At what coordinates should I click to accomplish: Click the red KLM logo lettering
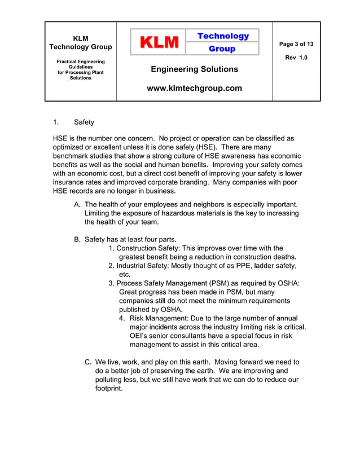(159, 42)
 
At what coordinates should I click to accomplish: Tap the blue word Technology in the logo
(223, 36)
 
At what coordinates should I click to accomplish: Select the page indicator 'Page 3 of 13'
(296, 44)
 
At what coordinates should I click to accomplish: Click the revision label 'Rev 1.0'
(296, 58)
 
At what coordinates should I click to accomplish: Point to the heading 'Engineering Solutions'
(194, 69)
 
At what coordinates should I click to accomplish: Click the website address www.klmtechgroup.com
(194, 88)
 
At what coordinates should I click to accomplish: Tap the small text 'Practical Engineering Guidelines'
(81, 64)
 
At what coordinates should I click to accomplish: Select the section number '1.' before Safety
(56, 122)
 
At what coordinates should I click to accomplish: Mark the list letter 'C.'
(89, 362)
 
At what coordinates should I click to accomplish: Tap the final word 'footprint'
(108, 389)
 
